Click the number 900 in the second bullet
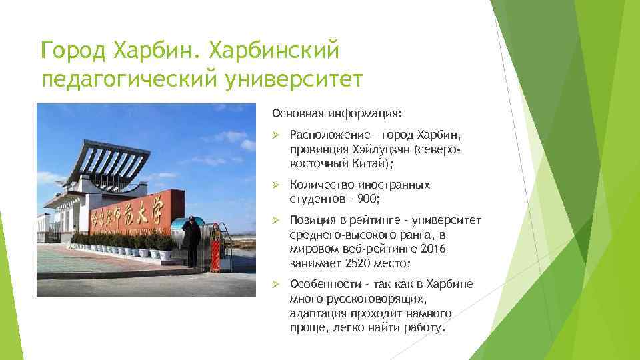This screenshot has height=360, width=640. click(367, 199)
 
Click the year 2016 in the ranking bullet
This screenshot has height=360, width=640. click(432, 249)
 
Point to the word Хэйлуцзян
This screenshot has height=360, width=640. click(380, 150)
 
